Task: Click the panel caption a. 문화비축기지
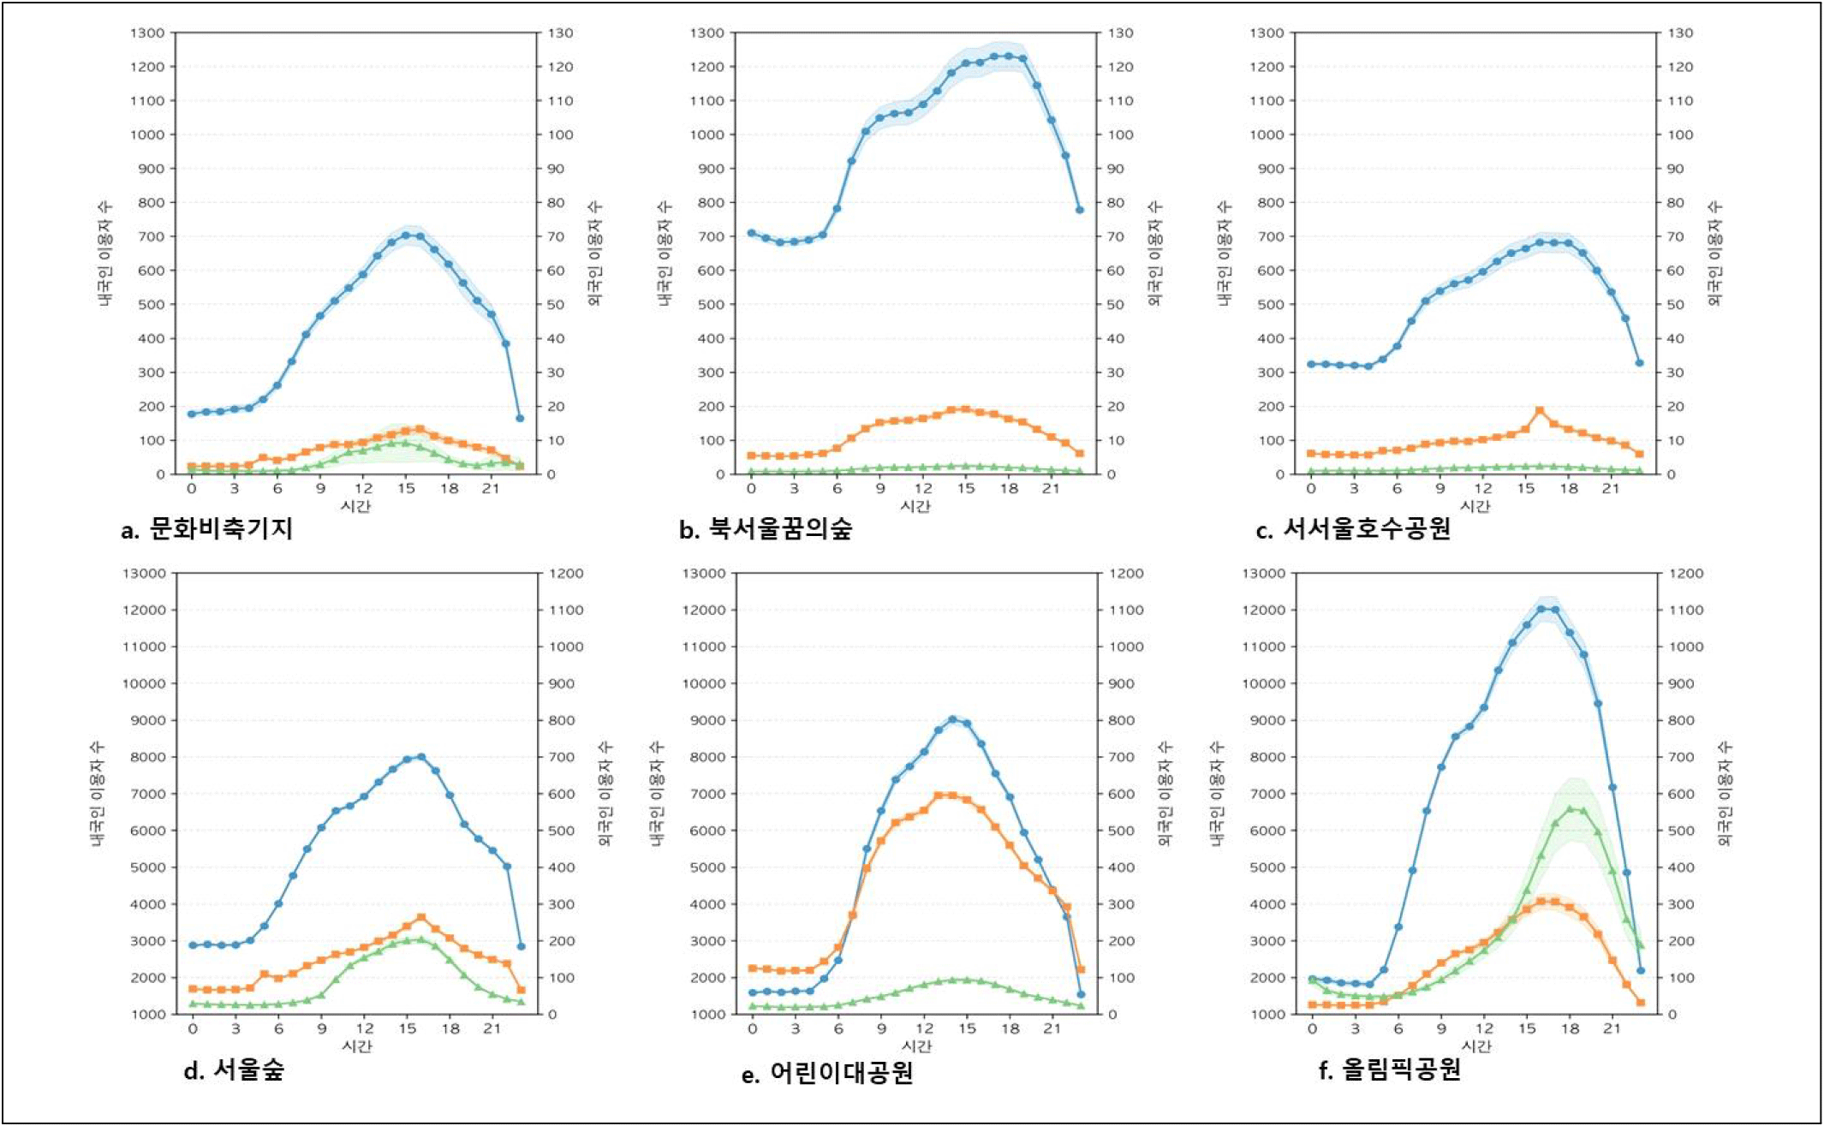208,529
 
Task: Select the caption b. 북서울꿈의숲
766,529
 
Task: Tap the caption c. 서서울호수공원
1353,529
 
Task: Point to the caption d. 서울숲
234,1069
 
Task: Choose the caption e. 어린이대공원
827,1072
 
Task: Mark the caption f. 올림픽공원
1390,1069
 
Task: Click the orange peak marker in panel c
1540,411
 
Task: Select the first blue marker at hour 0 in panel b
752,233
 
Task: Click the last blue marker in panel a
520,419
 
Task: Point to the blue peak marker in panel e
952,719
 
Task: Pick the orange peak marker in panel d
420,918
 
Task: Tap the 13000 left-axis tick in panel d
142,574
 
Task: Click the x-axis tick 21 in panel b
1051,489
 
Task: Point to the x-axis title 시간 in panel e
917,1046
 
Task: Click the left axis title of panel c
1225,253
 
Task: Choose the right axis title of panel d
605,793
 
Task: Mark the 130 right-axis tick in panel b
1121,33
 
